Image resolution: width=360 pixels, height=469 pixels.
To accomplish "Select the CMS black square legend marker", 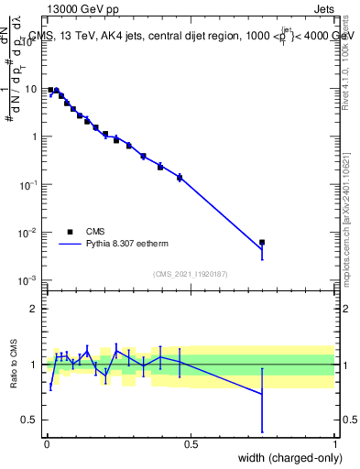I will pos(69,232).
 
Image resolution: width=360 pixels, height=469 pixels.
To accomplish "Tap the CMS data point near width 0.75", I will pos(262,242).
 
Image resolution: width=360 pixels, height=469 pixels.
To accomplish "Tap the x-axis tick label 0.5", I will pos(190,443).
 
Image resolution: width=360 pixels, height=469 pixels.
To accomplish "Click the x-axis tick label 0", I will pos(46,443).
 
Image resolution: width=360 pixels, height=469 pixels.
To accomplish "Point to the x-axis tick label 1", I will pos(334,443).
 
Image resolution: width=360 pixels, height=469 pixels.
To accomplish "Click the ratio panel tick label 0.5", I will pos(29,420).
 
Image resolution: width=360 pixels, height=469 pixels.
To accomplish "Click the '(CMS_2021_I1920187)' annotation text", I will pos(190,274).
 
